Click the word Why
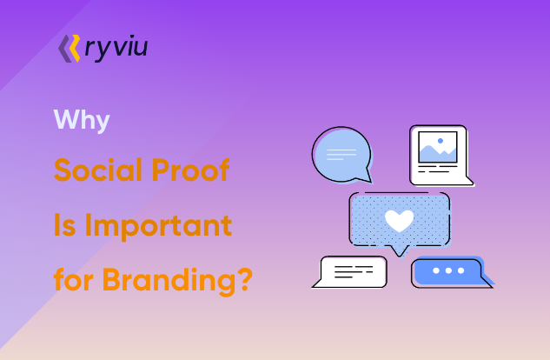coord(82,119)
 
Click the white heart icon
coord(399,221)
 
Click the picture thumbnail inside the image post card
coord(437,147)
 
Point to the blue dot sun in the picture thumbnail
coord(441,140)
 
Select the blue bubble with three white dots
coord(447,272)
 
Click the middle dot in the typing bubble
coord(447,271)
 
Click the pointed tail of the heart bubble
coord(399,250)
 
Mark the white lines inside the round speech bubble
coord(341,153)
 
